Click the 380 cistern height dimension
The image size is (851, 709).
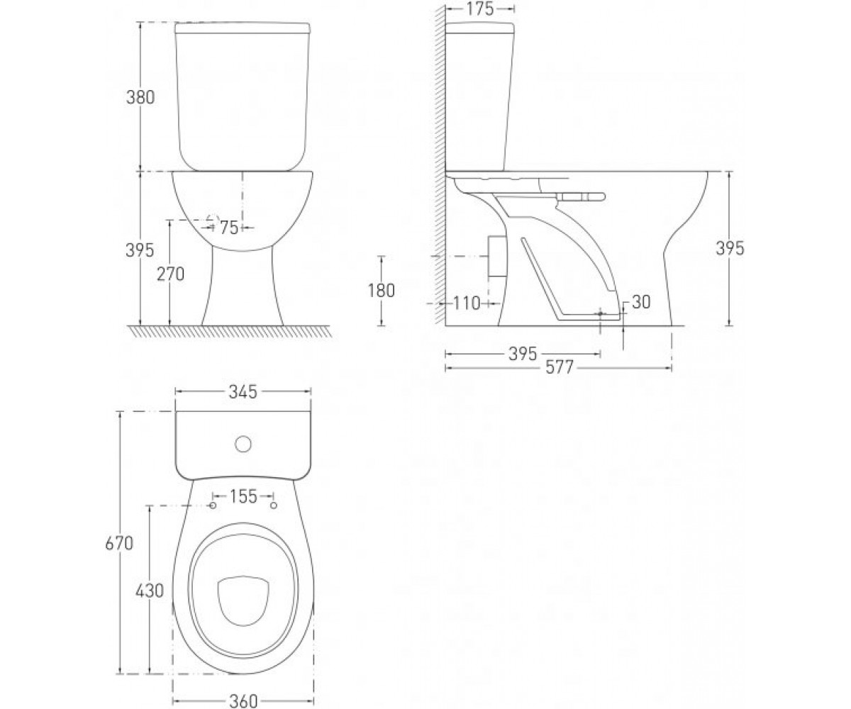(x=140, y=98)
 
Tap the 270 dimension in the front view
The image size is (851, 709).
(x=171, y=274)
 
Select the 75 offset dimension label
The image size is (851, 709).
(x=229, y=228)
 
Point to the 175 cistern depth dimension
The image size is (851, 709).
(x=480, y=9)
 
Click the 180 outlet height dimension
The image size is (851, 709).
(x=382, y=291)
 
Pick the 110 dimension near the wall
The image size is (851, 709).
(x=467, y=303)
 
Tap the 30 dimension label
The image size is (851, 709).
(x=642, y=302)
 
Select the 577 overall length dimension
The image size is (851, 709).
(x=560, y=367)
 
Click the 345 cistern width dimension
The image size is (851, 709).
(x=243, y=391)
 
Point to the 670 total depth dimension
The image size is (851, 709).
(x=119, y=543)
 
